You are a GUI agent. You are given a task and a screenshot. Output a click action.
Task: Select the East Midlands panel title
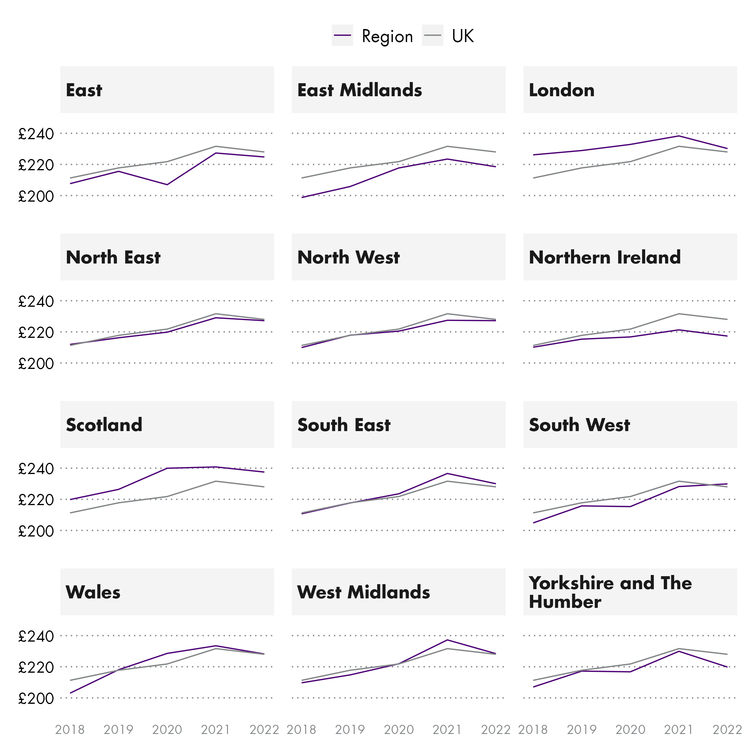click(359, 90)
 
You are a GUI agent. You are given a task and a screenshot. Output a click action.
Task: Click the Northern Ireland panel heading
click(604, 258)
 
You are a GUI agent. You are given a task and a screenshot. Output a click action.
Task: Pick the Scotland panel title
click(104, 425)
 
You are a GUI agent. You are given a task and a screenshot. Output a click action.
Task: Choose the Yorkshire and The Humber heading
click(610, 592)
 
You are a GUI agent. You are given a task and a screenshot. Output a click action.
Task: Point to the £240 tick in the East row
click(36, 134)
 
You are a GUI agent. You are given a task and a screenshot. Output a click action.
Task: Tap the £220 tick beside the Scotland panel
click(36, 500)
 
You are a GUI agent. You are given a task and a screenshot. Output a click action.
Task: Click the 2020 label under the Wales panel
click(167, 730)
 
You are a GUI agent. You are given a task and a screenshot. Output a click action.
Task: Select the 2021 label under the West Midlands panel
click(447, 730)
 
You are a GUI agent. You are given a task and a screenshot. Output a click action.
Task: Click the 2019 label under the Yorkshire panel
click(581, 730)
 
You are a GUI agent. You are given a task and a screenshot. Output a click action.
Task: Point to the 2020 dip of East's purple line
click(167, 184)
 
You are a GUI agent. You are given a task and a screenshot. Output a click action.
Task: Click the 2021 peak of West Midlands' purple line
click(447, 640)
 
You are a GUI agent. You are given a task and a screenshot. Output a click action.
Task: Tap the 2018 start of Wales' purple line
click(70, 693)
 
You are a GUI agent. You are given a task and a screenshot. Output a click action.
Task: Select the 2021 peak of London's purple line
click(678, 136)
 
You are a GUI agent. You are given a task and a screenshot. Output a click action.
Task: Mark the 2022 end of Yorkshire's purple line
click(727, 667)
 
